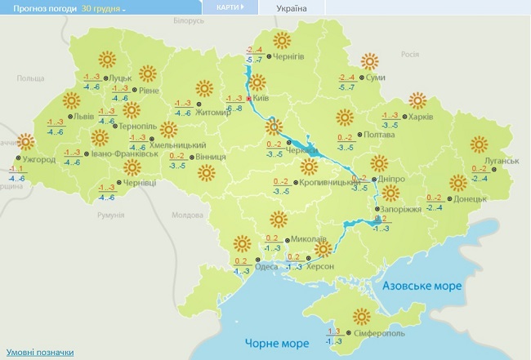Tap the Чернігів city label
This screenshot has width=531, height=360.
(x=288, y=56)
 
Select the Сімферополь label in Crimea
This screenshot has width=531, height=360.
(x=361, y=335)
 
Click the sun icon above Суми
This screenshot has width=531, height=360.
(x=371, y=60)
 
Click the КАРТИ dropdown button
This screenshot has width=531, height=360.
(x=230, y=7)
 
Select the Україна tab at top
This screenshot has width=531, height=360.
(x=292, y=8)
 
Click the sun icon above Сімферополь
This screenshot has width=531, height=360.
(x=360, y=317)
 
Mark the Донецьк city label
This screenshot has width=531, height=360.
(x=470, y=198)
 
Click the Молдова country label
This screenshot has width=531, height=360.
(x=190, y=216)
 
